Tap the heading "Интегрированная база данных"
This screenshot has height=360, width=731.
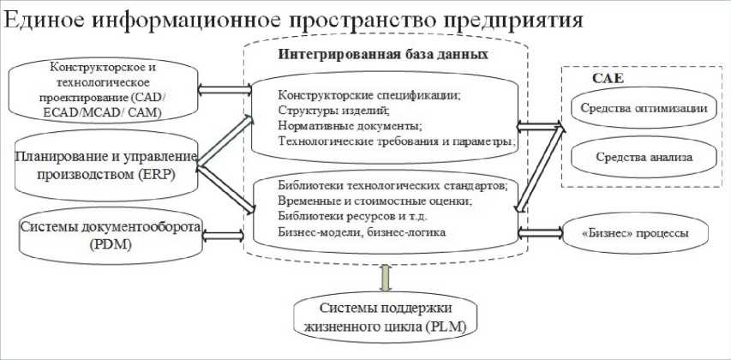point(384,54)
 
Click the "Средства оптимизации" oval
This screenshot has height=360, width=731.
point(631,109)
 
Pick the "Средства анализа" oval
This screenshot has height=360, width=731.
point(631,157)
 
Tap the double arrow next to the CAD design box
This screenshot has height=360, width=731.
point(221,86)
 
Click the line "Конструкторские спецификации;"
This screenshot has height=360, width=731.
point(368,96)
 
